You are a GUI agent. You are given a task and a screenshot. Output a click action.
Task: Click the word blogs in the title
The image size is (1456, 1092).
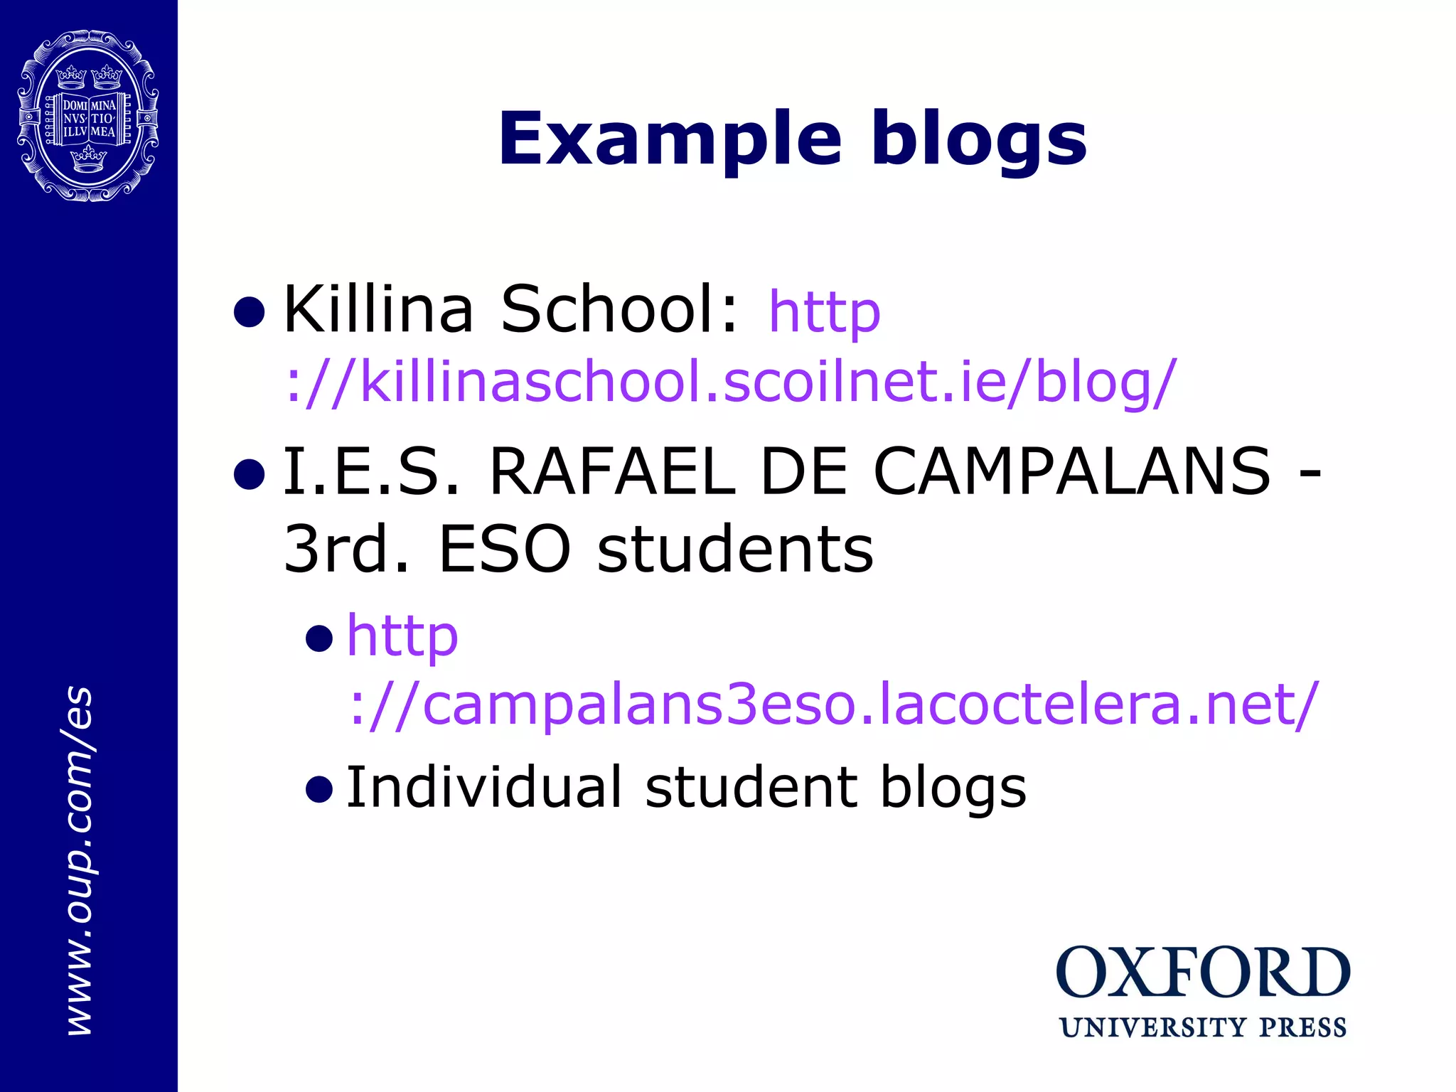click(x=979, y=139)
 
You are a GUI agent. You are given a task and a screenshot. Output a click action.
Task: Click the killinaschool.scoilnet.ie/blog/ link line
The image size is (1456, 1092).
click(x=731, y=382)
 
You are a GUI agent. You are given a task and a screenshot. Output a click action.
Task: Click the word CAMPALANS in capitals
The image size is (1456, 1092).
click(x=1072, y=471)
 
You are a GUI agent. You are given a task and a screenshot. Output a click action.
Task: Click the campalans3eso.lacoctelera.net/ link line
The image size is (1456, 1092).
click(x=833, y=705)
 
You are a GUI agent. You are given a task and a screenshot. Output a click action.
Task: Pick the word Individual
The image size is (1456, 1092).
click(x=484, y=787)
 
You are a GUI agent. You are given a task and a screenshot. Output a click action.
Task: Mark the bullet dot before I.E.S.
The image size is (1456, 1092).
click(x=250, y=474)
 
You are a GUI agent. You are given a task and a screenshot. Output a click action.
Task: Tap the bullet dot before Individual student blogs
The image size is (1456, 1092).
click(x=319, y=789)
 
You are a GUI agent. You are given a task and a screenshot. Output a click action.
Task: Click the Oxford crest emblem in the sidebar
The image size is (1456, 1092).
click(x=88, y=115)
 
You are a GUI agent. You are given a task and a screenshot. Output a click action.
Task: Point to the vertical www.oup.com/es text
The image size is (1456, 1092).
click(x=80, y=860)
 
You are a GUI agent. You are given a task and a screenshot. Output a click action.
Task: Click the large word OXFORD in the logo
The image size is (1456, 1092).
click(x=1203, y=973)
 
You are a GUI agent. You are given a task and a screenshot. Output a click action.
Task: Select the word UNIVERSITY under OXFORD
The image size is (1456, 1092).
click(x=1152, y=1028)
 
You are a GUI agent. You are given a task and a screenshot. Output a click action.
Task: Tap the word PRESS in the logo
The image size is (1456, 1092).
click(x=1303, y=1028)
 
